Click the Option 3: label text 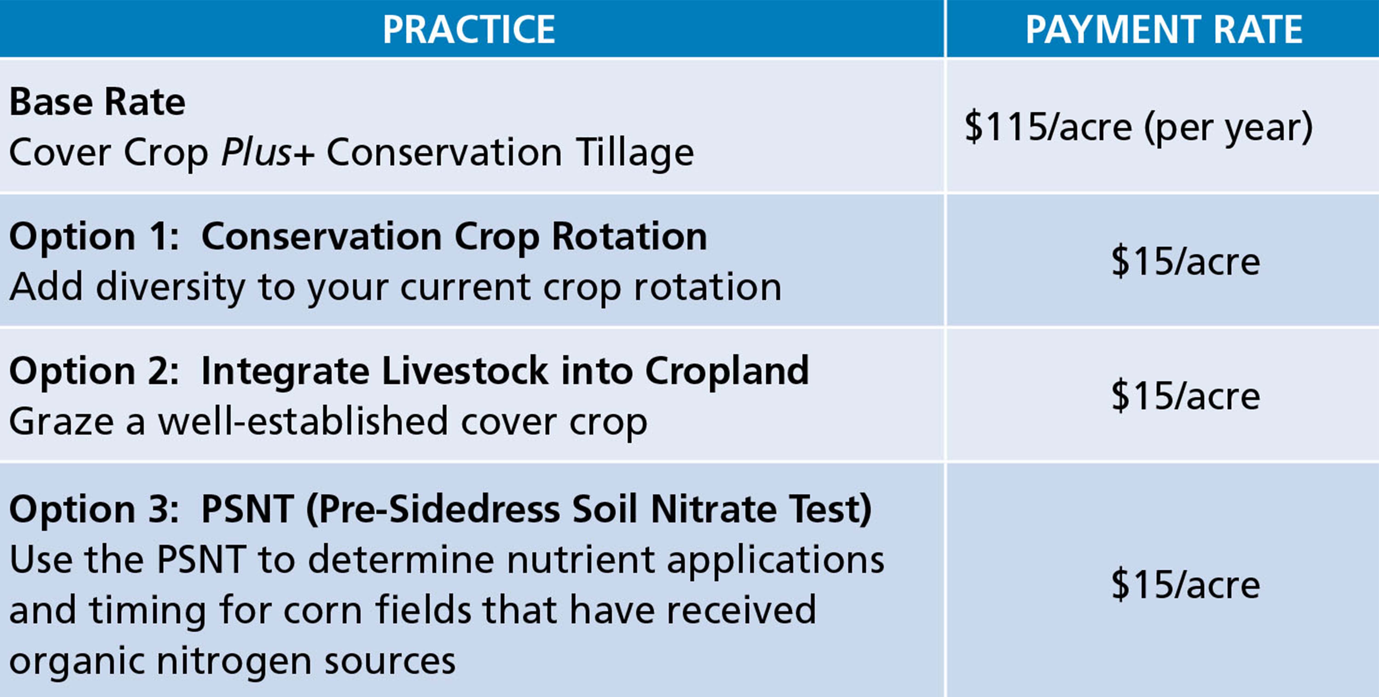click(x=94, y=508)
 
